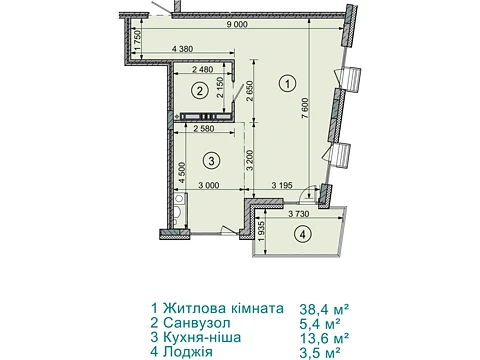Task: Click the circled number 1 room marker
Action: (x=288, y=83)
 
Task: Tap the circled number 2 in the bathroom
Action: (x=199, y=90)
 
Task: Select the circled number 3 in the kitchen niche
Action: (x=211, y=161)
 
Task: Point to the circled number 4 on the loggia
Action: (x=303, y=234)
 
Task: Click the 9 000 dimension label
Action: (x=237, y=24)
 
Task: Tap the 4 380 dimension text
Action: (x=182, y=49)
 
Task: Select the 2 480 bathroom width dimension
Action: (x=202, y=70)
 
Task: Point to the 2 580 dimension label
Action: (x=204, y=128)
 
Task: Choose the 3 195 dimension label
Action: (x=282, y=185)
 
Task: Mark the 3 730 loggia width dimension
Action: (x=299, y=214)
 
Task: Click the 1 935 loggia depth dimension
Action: (x=261, y=232)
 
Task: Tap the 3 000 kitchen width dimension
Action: (x=209, y=185)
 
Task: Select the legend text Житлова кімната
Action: (x=223, y=308)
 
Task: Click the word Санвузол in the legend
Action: (x=197, y=323)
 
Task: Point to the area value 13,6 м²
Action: (x=325, y=338)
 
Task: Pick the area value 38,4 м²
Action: (x=325, y=309)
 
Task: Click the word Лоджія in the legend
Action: (x=188, y=352)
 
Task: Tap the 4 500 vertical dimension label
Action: (x=182, y=173)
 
